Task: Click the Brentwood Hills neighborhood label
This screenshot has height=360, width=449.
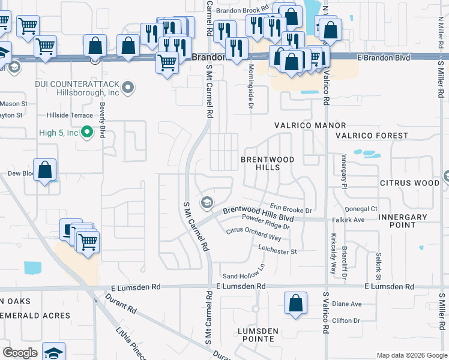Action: pyautogui.click(x=268, y=163)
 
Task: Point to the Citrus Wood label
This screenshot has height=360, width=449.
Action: pyautogui.click(x=410, y=182)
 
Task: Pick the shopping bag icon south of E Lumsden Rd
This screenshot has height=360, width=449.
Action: pyautogui.click(x=296, y=304)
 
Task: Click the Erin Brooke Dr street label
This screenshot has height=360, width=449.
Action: pyautogui.click(x=291, y=208)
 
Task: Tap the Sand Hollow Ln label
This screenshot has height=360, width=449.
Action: pyautogui.click(x=244, y=271)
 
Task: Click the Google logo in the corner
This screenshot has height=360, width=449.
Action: pyautogui.click(x=20, y=353)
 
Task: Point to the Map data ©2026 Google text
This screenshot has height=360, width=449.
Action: pyautogui.click(x=411, y=355)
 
